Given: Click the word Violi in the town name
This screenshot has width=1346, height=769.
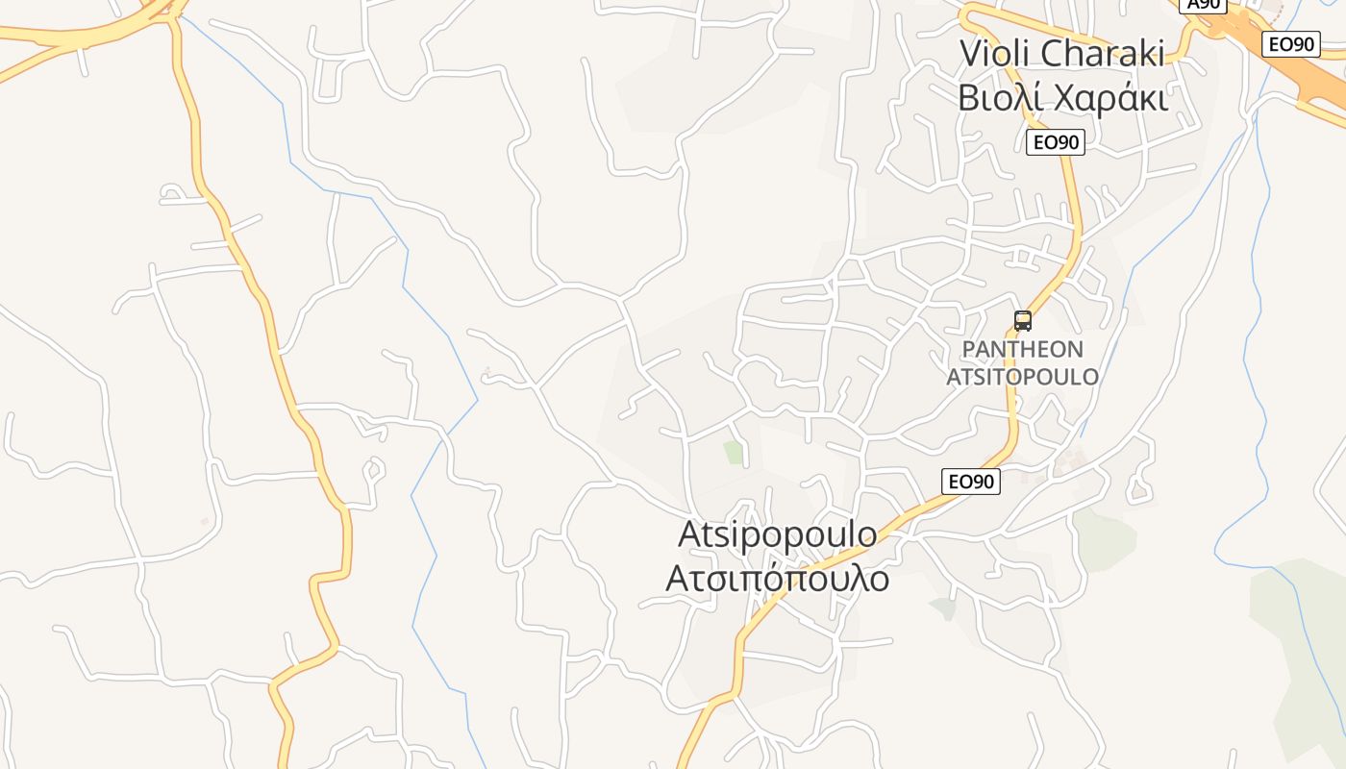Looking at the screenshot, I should click(999, 54).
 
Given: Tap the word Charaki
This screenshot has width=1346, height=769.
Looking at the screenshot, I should click(1105, 54).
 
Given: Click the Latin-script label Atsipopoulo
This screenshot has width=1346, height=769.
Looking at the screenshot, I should click(777, 534).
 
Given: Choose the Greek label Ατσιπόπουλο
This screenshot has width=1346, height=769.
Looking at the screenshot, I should click(777, 579).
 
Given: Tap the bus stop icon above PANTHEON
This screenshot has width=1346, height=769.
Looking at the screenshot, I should click(1023, 321).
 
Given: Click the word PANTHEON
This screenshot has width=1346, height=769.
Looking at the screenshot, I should click(1023, 350).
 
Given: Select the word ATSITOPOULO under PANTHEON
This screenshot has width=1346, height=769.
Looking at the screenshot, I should click(1023, 376).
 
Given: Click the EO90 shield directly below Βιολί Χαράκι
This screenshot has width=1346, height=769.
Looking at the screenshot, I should click(1056, 143).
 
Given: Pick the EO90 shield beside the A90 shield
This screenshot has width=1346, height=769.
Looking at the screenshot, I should click(1290, 44).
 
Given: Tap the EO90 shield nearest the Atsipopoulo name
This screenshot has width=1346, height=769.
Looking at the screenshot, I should click(971, 482).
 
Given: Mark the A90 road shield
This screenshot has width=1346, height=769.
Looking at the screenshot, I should click(1204, 5).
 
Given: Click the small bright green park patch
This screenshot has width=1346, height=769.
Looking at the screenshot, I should click(735, 452).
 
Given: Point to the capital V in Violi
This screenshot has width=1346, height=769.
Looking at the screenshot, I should click(972, 54).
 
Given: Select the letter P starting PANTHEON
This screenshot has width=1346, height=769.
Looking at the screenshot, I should click(969, 350).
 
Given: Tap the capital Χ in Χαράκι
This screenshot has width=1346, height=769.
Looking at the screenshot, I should click(1068, 98).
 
